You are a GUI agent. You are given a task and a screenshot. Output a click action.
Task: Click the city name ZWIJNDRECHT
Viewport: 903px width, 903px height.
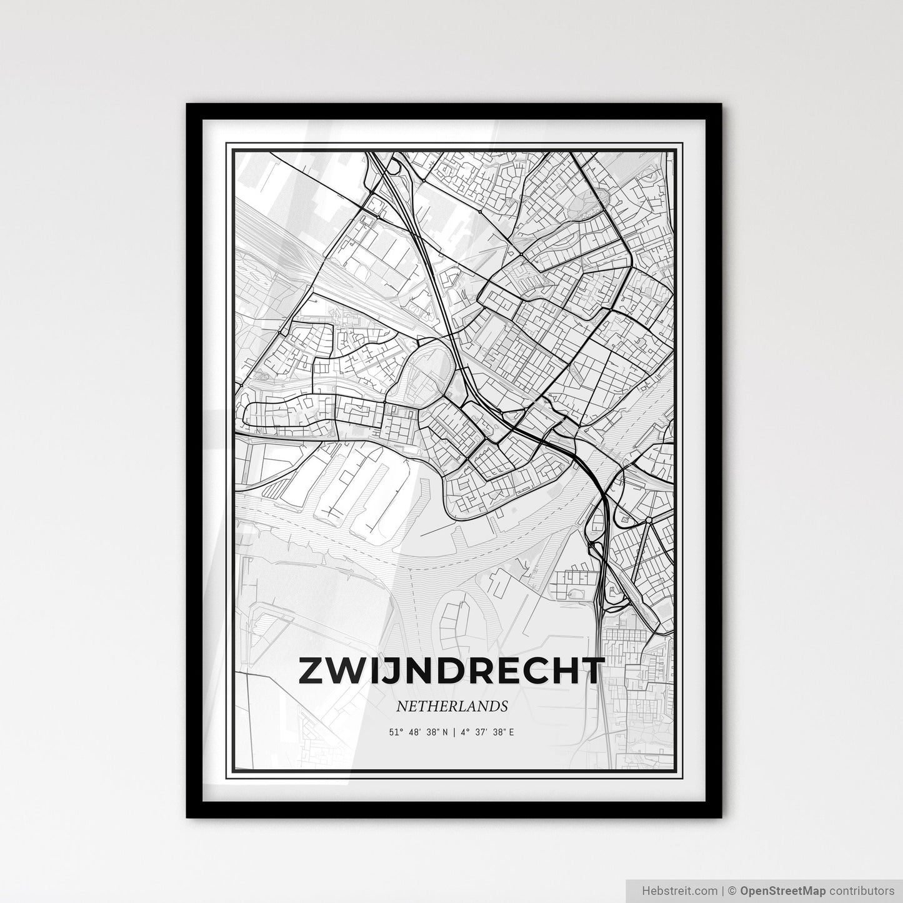(x=452, y=671)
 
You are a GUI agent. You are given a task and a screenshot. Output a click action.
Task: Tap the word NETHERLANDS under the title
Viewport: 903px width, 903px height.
(x=451, y=707)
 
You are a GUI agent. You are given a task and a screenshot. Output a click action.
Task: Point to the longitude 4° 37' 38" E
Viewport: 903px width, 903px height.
(x=487, y=732)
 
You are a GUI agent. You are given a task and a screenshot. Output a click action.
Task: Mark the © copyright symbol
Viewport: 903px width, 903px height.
(x=735, y=890)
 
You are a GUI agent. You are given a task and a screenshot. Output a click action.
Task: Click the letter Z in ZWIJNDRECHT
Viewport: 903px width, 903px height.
(x=312, y=671)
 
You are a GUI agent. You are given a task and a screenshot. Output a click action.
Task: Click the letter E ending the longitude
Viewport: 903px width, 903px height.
(x=511, y=732)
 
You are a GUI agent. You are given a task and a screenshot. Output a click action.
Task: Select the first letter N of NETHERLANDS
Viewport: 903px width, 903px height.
(x=401, y=707)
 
